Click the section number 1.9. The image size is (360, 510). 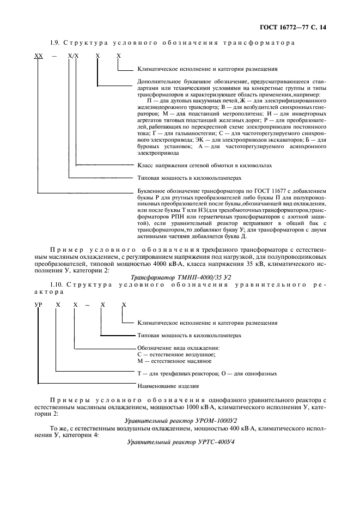(54, 42)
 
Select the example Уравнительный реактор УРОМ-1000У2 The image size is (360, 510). (180, 420)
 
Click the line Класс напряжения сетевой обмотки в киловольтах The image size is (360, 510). (203, 164)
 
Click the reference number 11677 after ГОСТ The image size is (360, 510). (273, 192)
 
